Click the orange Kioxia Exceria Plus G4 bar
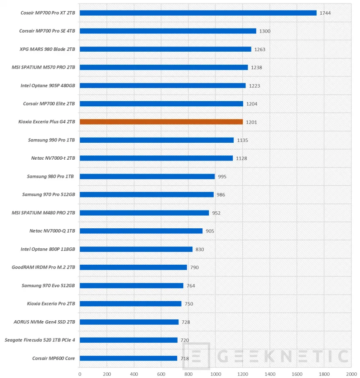point(161,122)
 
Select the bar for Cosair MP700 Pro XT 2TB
point(198,13)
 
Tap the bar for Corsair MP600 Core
point(129,358)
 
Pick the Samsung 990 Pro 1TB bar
point(157,140)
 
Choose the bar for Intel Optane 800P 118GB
point(136,249)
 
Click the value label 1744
point(325,13)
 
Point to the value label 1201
point(251,122)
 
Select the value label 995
point(222,177)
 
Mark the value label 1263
point(260,49)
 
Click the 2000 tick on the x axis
point(351,373)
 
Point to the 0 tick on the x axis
point(80,373)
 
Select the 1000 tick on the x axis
point(215,373)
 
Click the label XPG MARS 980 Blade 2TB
point(47,49)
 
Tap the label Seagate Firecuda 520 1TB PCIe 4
point(40,340)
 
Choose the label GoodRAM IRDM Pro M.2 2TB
point(43,267)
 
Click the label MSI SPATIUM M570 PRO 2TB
point(43,67)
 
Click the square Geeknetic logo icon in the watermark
point(196,356)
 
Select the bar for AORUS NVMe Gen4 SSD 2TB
point(129,322)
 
